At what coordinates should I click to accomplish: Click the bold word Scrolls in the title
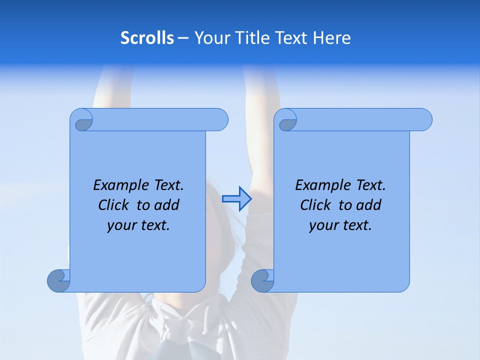click(x=147, y=38)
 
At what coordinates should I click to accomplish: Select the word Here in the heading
click(x=332, y=38)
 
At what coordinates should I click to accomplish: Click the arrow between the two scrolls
click(x=236, y=198)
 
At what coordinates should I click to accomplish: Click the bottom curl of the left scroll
click(x=58, y=280)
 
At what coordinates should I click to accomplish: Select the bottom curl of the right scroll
click(x=262, y=280)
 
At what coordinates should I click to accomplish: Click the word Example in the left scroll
click(x=118, y=185)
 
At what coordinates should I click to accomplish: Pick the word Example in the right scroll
click(x=320, y=185)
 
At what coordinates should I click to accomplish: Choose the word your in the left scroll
click(x=121, y=226)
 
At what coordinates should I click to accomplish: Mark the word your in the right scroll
click(x=323, y=226)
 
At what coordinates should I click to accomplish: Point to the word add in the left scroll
click(x=166, y=205)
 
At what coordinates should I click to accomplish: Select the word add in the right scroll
click(x=368, y=205)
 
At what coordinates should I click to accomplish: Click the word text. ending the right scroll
click(x=357, y=226)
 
